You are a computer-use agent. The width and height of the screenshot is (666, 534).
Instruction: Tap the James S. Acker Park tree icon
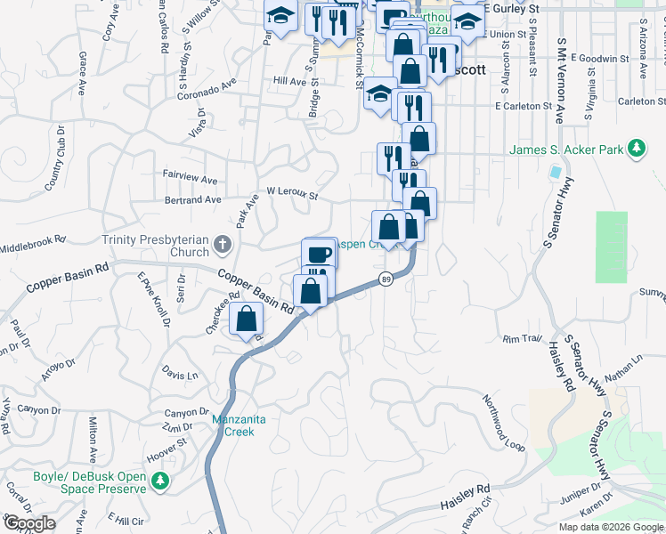[636, 149]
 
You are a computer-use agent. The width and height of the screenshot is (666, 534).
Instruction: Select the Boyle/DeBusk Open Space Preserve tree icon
[160, 481]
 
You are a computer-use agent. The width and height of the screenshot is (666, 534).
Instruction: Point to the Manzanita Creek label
[232, 425]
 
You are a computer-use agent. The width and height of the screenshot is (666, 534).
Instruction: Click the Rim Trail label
[522, 339]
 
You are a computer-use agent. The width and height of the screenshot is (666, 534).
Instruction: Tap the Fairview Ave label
[191, 179]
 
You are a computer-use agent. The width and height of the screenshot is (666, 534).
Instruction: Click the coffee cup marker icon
[319, 253]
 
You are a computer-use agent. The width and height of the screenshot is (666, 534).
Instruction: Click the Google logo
[29, 523]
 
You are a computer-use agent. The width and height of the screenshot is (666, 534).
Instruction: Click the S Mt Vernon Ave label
[560, 80]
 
